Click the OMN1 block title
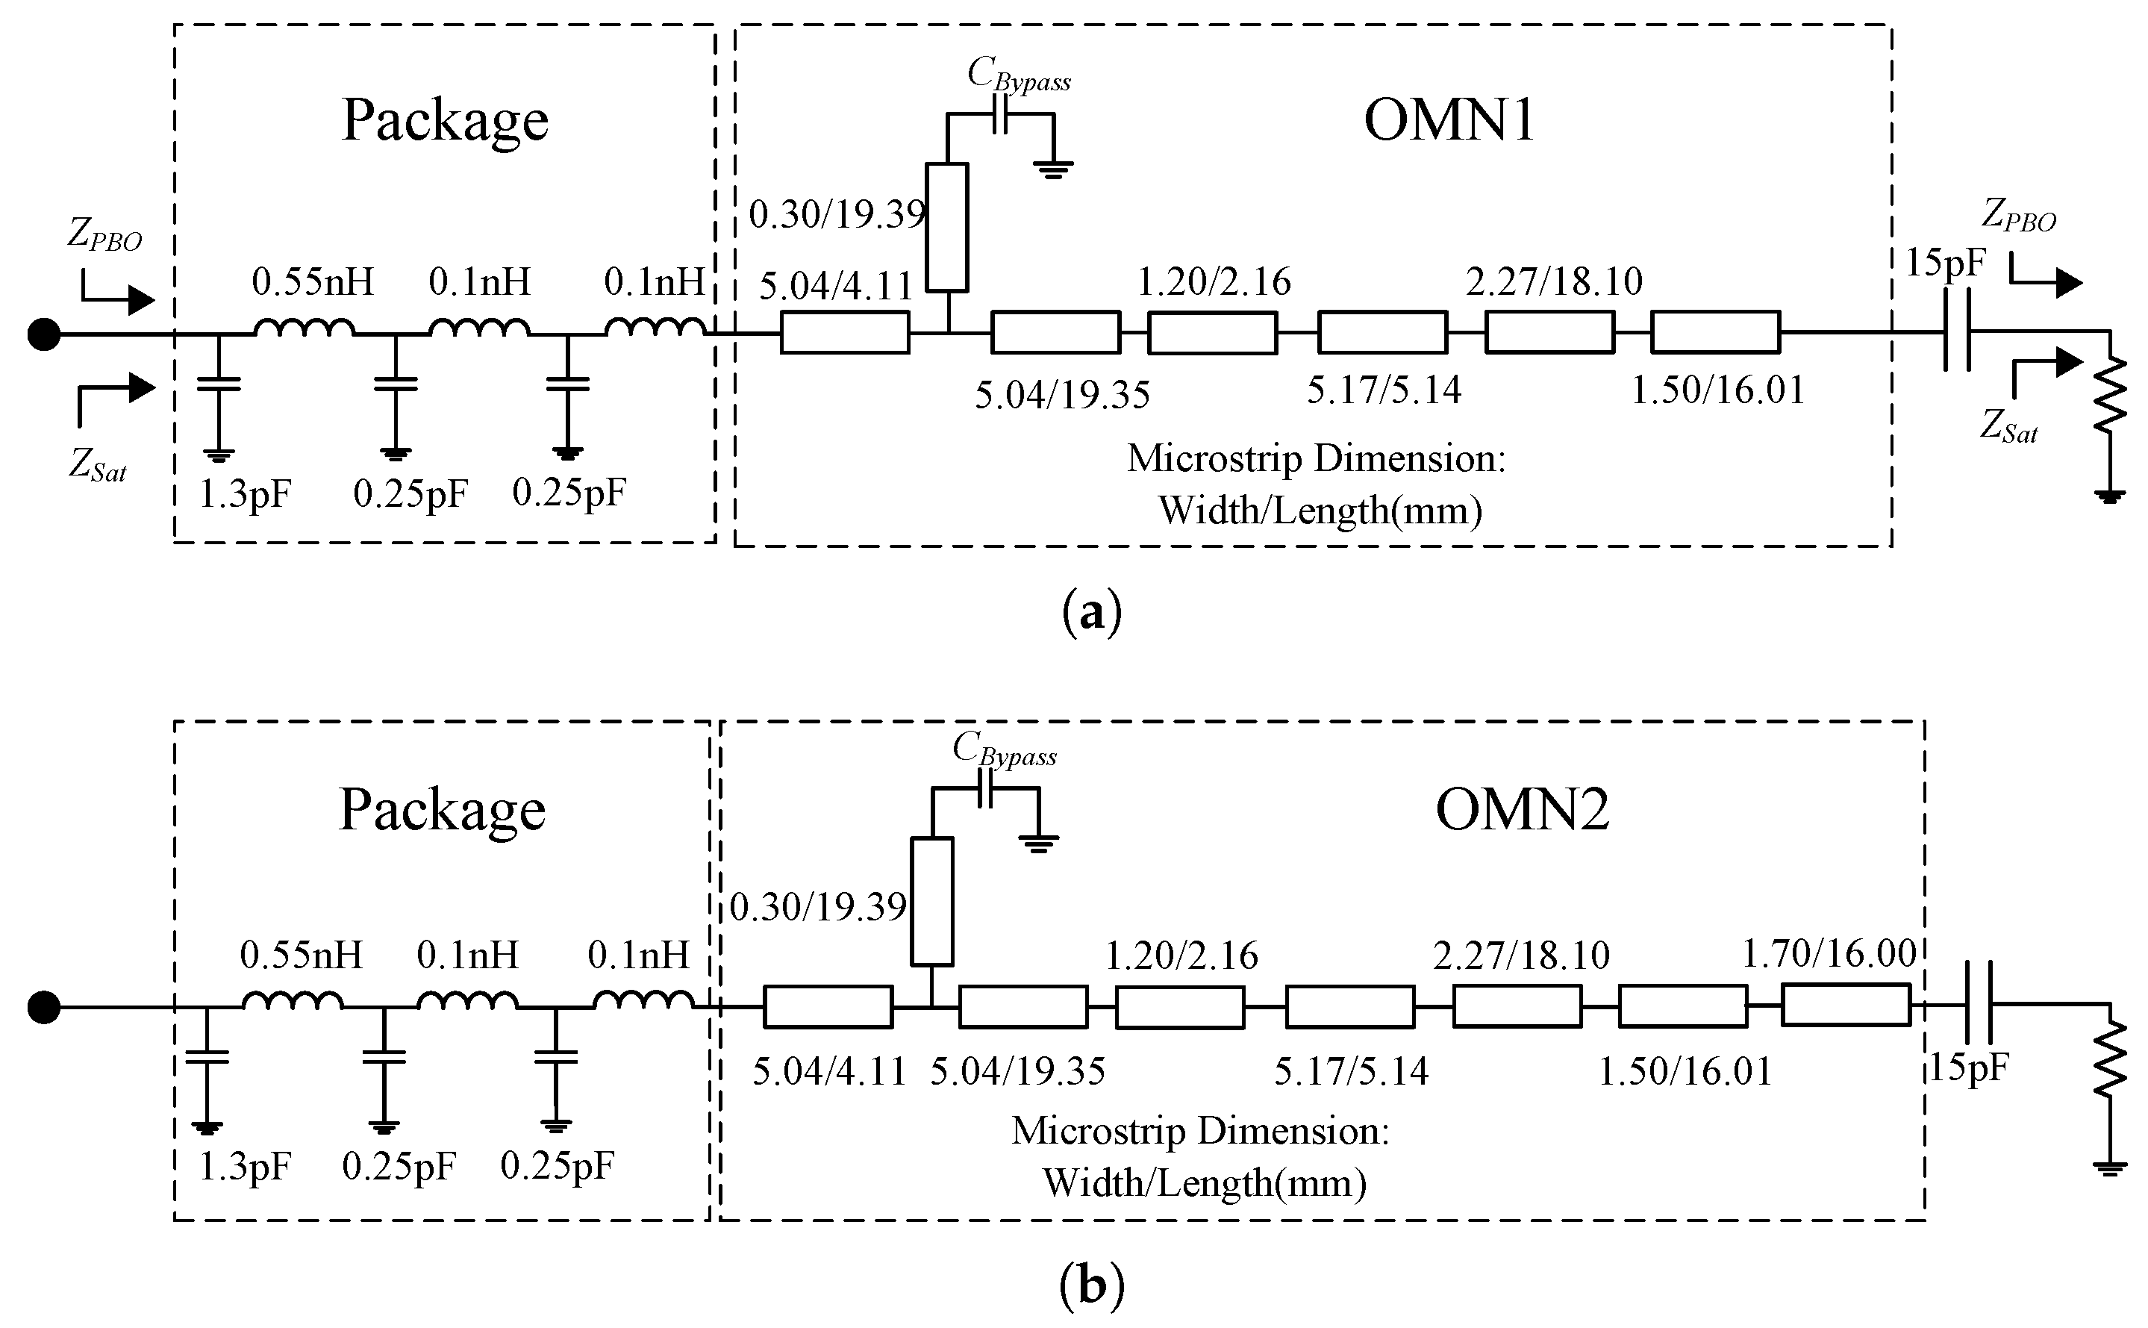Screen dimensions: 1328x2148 tap(1449, 120)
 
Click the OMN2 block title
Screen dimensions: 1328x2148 tap(1522, 810)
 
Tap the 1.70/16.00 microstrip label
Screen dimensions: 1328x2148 tap(1829, 954)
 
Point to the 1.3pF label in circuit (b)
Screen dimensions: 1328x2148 tap(244, 1168)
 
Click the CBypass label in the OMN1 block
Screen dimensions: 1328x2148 tap(1019, 75)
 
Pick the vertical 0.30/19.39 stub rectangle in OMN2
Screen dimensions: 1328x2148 tap(931, 902)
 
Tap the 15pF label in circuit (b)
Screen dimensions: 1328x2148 tap(1969, 1068)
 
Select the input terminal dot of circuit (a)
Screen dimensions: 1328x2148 tap(44, 334)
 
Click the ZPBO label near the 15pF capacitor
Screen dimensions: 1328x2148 tap(2018, 216)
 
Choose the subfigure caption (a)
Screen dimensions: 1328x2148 tap(1092, 612)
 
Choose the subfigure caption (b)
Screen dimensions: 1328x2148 tap(1092, 1287)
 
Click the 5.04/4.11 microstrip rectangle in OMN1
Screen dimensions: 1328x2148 tap(845, 333)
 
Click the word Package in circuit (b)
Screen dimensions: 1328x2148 tap(443, 810)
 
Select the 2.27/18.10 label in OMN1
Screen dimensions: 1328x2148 tap(1553, 281)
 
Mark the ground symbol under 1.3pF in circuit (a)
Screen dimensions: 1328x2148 tap(219, 455)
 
